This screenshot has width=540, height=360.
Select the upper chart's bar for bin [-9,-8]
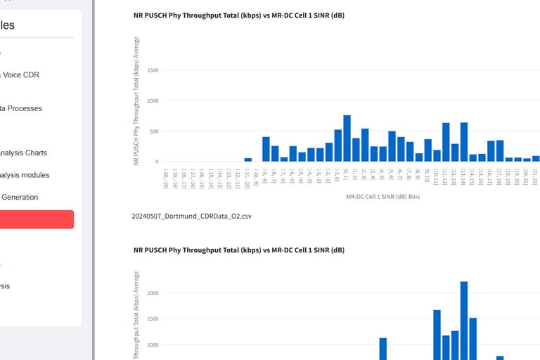tap(266, 149)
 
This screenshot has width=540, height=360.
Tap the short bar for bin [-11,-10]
tap(248, 160)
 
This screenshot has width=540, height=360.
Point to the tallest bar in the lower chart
tap(464, 320)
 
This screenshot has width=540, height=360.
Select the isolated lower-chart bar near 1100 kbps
tap(383, 349)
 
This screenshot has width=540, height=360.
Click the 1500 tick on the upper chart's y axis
tap(153, 70)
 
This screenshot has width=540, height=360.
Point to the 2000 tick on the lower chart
tap(153, 293)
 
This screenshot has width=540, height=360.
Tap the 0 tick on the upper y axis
tap(157, 162)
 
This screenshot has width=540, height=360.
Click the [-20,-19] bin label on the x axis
tap(166, 179)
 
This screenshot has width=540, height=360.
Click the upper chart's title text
tap(239, 15)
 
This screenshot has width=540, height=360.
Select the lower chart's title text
tap(239, 250)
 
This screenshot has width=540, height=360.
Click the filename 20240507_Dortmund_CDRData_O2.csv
tap(192, 216)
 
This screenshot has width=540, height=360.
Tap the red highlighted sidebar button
tap(35, 219)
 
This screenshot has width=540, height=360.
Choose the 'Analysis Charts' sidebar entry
tap(23, 153)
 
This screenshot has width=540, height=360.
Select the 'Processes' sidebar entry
tap(21, 108)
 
